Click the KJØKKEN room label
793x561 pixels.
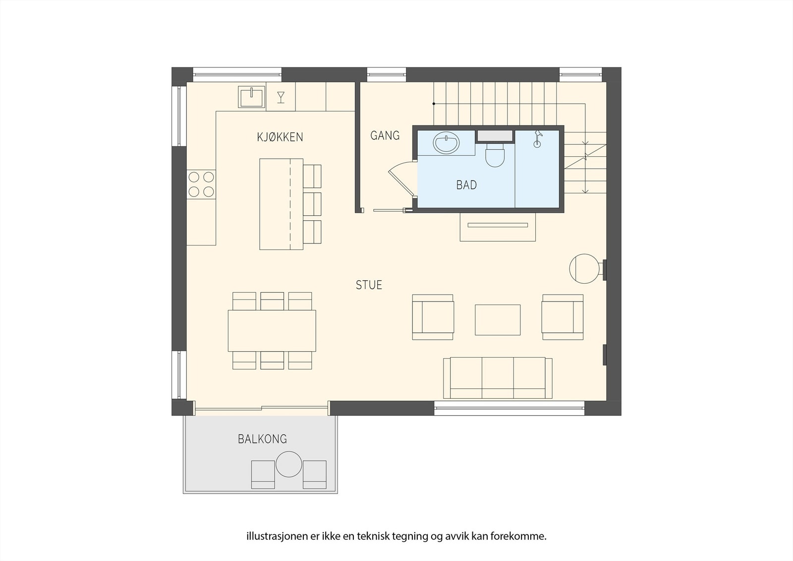280,137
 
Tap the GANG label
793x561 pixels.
385,135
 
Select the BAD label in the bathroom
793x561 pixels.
466,186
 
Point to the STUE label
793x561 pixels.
369,285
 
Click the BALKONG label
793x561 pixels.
262,439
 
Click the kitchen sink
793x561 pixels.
252,97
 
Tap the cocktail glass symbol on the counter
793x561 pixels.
281,97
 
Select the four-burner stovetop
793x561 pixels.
201,184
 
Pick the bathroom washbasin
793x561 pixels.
446,143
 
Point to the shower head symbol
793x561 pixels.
537,138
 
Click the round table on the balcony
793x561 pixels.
289,464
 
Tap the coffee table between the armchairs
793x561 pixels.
498,320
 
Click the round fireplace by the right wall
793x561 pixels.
584,269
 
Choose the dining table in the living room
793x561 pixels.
272,330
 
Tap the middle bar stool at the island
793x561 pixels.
312,203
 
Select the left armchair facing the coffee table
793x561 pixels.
433,317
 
